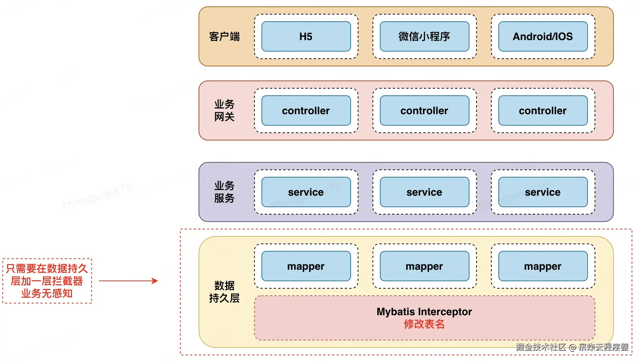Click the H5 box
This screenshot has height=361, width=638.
[x=306, y=36]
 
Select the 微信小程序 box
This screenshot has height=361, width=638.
[x=424, y=36]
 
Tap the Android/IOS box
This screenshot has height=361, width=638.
[x=543, y=36]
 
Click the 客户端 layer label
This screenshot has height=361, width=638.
[x=224, y=36]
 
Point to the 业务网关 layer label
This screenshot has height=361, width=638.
[x=224, y=110]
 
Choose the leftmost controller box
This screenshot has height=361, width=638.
[x=306, y=110]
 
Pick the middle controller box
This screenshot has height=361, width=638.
[x=424, y=110]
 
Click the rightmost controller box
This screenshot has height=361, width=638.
[x=543, y=110]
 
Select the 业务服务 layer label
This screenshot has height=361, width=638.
[x=224, y=192]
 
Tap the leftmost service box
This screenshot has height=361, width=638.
[x=306, y=192]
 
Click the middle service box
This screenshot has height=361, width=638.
[x=424, y=192]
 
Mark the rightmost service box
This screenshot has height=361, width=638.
[x=543, y=192]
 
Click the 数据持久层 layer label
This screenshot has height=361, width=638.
[x=224, y=292]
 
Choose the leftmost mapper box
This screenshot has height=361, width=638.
[x=306, y=266]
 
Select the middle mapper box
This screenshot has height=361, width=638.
[x=424, y=266]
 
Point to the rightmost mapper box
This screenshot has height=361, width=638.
[x=543, y=266]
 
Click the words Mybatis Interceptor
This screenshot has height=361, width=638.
[x=424, y=311]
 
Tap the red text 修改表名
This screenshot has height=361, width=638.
[x=424, y=324]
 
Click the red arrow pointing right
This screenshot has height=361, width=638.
[x=128, y=281]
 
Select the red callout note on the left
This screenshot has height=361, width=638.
[x=47, y=281]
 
